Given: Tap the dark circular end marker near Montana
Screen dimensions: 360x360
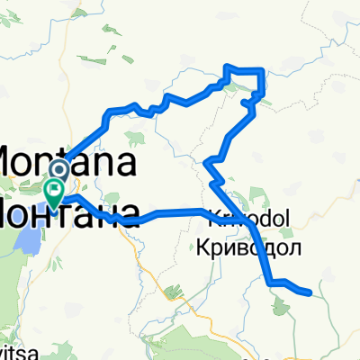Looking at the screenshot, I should (59, 168).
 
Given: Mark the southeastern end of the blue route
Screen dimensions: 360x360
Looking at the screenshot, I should (310, 292).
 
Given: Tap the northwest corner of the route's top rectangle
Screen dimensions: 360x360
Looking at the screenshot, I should (225, 67).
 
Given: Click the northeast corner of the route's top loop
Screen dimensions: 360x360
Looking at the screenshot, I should (262, 70).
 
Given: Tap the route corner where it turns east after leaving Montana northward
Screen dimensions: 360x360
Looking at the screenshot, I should (110, 112).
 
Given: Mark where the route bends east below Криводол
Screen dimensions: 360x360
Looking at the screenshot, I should (271, 283).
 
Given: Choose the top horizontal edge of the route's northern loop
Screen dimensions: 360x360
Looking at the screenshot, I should (244, 69).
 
